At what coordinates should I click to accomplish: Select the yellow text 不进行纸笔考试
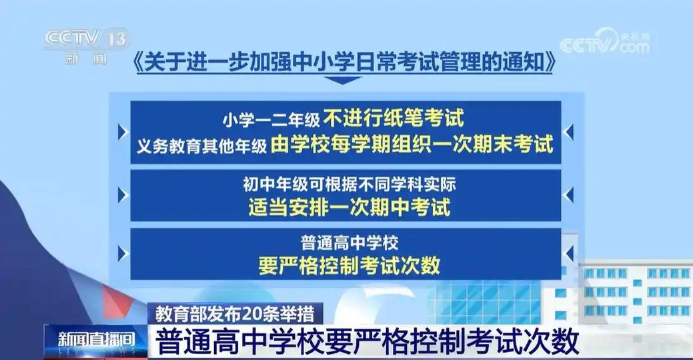pos(394,119)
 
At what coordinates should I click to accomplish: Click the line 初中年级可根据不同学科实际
pos(345,182)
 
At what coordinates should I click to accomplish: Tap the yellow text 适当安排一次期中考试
pos(345,206)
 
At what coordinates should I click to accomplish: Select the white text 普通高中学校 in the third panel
pos(345,241)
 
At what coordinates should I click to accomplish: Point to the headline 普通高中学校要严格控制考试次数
pos(367,341)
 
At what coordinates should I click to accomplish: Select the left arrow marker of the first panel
pos(122,131)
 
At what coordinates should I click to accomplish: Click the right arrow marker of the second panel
pos(568,195)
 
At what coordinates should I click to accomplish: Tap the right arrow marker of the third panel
pos(568,253)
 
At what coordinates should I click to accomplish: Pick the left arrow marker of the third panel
pos(122,253)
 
